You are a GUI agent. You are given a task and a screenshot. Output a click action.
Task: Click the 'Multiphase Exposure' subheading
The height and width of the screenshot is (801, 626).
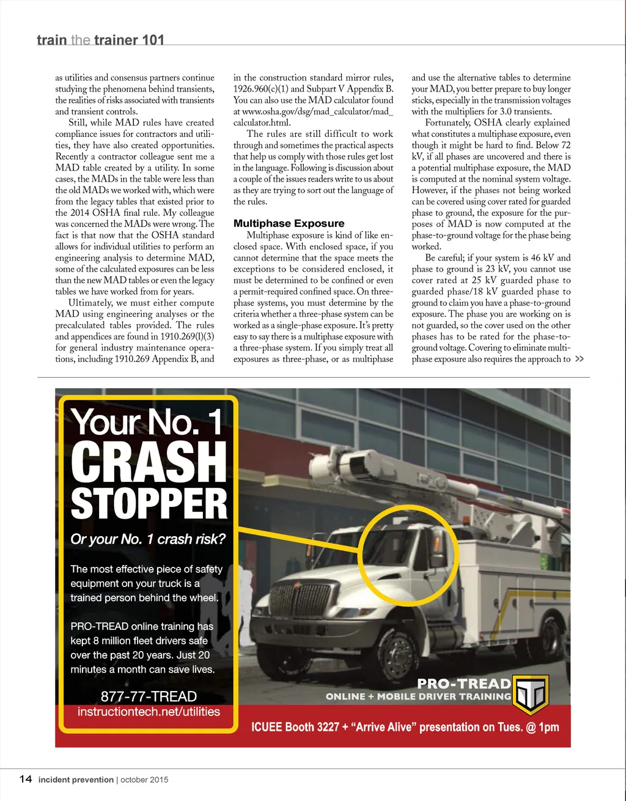click(289, 224)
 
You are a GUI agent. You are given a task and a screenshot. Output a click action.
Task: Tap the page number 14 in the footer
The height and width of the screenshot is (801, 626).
click(26, 779)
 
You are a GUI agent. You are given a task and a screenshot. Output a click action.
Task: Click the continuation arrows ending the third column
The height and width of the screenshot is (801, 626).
click(580, 359)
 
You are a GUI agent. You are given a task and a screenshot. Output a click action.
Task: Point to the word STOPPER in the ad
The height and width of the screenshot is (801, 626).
click(149, 504)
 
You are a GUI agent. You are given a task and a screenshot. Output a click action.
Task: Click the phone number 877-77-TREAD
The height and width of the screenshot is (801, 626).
click(149, 696)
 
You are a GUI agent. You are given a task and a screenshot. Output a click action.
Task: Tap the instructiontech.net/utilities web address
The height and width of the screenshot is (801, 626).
click(149, 712)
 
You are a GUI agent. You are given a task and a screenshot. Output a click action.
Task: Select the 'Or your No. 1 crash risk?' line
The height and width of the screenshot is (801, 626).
click(148, 539)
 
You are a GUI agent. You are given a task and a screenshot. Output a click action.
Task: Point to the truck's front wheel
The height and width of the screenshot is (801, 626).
click(393, 652)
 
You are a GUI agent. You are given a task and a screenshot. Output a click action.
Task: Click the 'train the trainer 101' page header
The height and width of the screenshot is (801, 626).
click(100, 40)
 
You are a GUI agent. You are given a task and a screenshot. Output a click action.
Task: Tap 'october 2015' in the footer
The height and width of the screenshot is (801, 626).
click(144, 780)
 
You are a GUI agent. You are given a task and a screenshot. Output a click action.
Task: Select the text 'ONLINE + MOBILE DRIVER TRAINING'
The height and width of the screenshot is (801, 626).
click(418, 696)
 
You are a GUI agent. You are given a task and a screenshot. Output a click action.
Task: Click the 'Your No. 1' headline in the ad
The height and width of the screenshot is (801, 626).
click(147, 422)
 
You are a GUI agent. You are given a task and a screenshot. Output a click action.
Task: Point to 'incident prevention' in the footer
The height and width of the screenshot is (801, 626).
click(76, 780)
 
